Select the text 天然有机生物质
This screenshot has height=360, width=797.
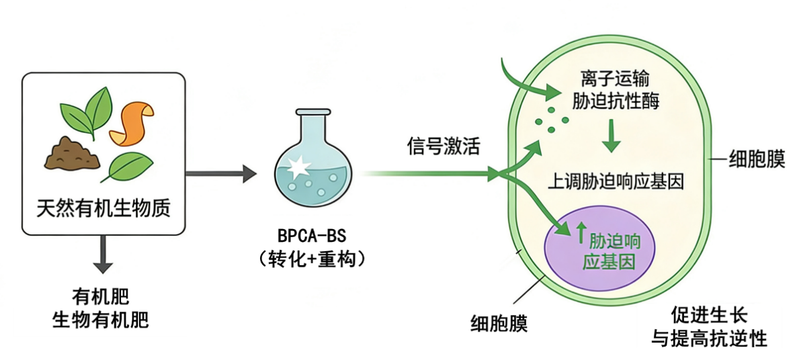coord(103,209)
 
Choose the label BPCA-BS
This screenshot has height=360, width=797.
coord(314,237)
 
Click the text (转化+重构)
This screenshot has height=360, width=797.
coord(314,259)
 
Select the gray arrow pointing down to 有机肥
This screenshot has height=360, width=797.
coord(102,256)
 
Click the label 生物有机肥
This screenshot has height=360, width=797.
coord(101,320)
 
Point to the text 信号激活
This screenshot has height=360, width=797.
coord(444,147)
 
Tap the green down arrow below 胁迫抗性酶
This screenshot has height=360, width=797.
coord(611,136)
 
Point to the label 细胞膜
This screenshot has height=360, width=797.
coord(756,161)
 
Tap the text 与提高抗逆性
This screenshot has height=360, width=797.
coord(709,338)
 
